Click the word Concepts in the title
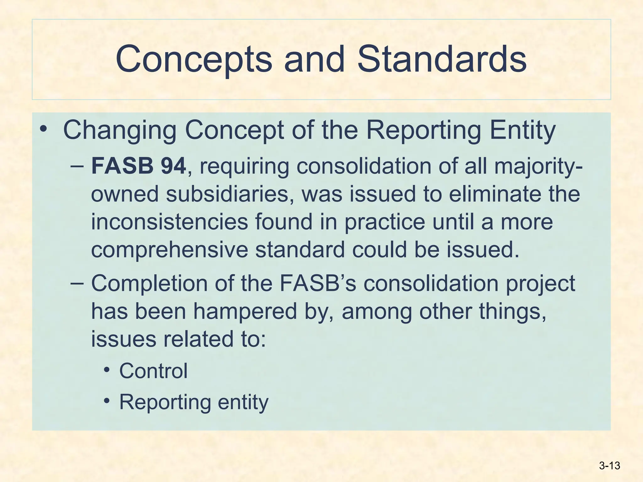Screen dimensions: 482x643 tap(194, 59)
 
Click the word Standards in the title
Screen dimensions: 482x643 tap(442, 59)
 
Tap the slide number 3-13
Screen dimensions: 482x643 tap(609, 466)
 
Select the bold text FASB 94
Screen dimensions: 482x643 tap(138, 166)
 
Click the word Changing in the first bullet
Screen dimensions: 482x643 tap(120, 130)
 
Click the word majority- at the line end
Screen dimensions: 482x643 tap(538, 166)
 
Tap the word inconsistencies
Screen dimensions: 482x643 tap(169, 222)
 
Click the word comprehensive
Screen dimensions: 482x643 tap(169, 249)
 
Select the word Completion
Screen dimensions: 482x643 tap(149, 283)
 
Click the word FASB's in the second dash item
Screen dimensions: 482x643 tap(317, 283)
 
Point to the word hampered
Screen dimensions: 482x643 tap(245, 311)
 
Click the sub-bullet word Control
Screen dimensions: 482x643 tap(153, 371)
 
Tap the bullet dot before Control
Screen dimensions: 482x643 tap(107, 369)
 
